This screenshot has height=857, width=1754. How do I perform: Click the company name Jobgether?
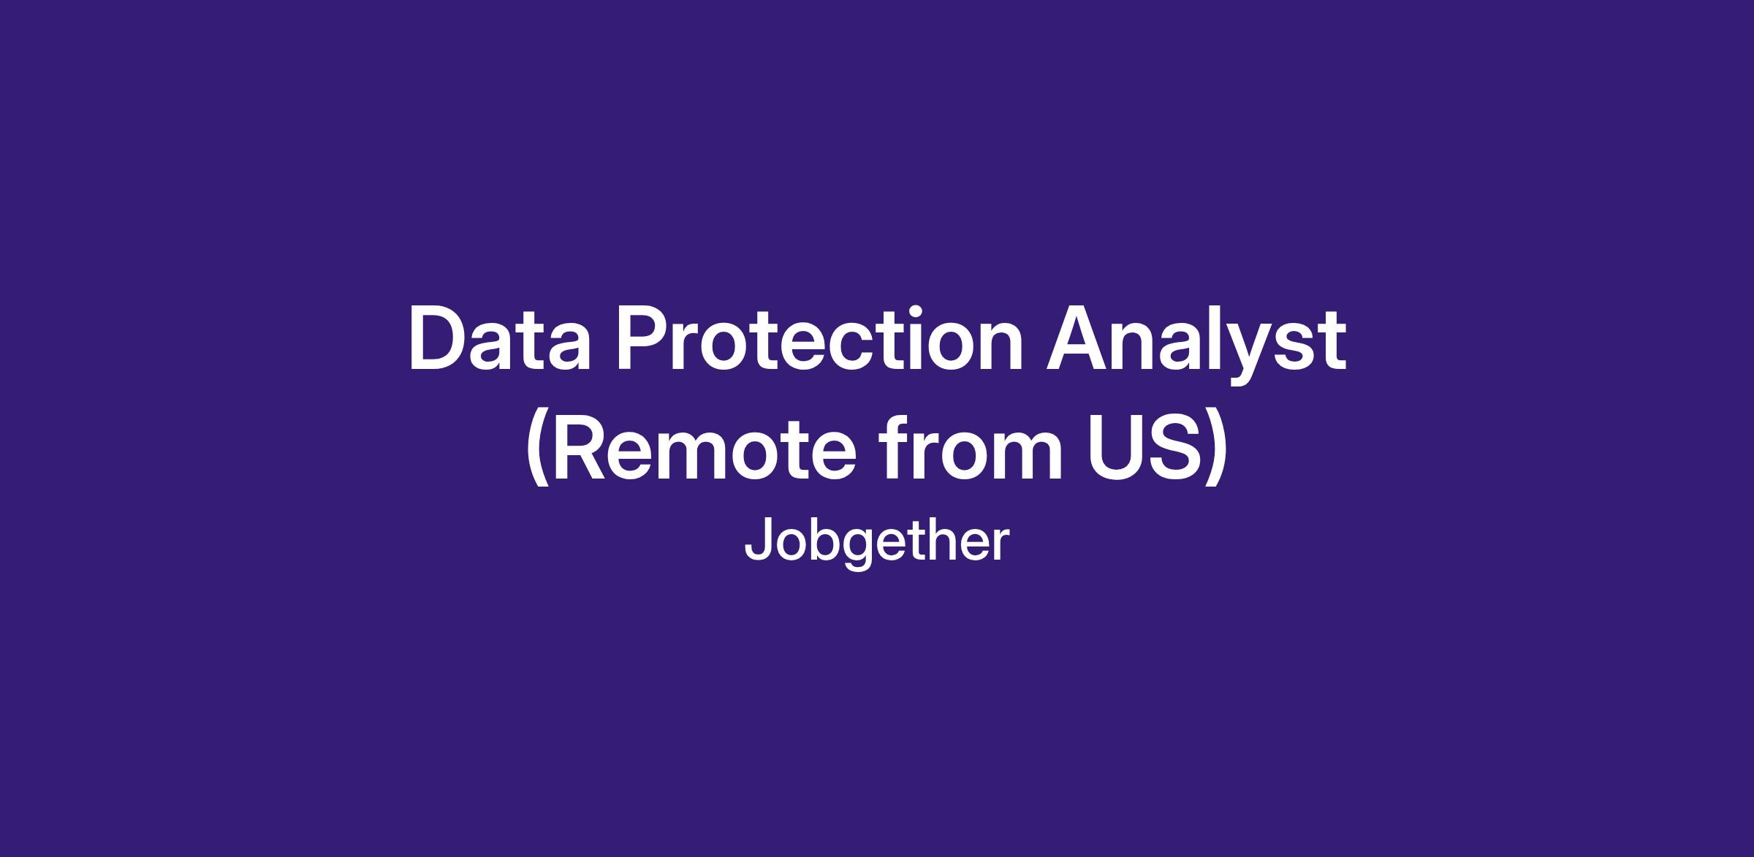[876, 542]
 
